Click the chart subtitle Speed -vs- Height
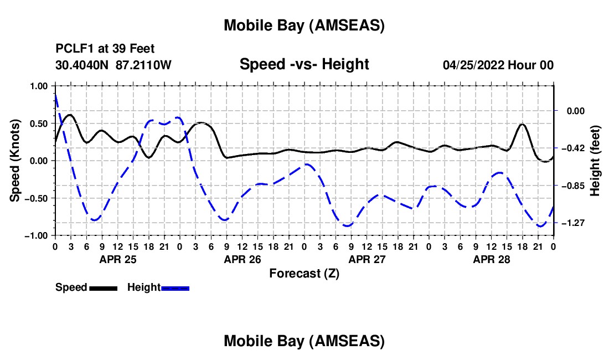[304, 65]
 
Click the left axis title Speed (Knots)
[17, 161]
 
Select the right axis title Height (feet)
[595, 161]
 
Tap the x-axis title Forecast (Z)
[304, 273]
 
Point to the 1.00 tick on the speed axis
[40, 86]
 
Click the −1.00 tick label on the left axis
[38, 235]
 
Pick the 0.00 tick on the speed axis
[40, 161]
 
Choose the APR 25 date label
[117, 259]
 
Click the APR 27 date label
[367, 259]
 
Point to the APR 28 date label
[491, 259]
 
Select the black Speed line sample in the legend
[103, 288]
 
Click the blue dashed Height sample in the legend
[176, 288]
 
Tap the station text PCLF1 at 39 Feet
[105, 49]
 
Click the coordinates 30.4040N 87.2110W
[113, 65]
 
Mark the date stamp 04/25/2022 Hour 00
[498, 65]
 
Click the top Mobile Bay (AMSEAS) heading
[304, 25]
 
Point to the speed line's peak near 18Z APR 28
[522, 124]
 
